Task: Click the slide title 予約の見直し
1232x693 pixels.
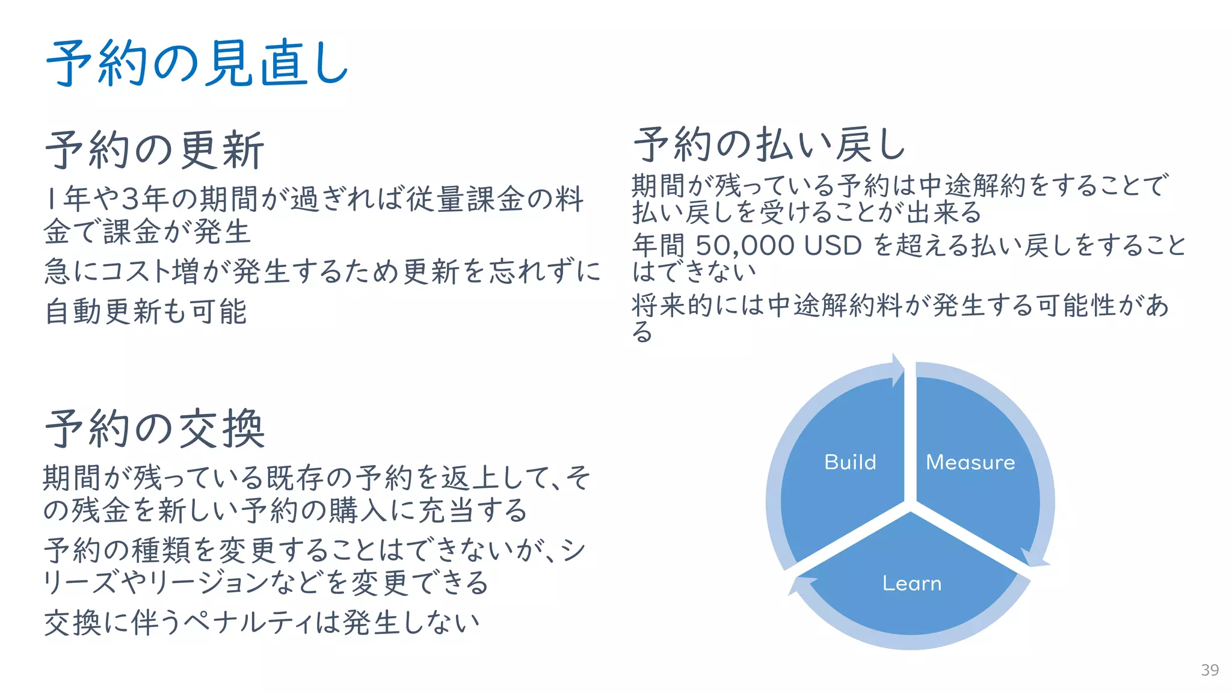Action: pos(197,64)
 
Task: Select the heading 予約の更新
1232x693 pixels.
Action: pos(155,150)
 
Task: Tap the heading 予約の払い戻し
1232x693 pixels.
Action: pos(769,145)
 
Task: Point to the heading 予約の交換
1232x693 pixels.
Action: pos(155,429)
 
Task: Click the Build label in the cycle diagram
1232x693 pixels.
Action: pos(850,462)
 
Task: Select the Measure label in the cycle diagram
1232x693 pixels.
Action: pos(970,462)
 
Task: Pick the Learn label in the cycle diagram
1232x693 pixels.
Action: pos(911,583)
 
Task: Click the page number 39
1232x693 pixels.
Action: pos(1210,670)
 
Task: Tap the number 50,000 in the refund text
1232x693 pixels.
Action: pos(745,245)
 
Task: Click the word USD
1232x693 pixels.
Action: pos(833,245)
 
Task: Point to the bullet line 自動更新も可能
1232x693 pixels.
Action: pos(146,312)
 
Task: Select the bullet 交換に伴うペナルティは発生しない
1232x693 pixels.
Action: pos(262,622)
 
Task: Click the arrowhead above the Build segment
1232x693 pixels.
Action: pos(898,368)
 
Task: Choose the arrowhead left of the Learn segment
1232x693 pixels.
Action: pos(800,585)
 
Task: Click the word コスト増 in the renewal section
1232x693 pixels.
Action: pos(150,271)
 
